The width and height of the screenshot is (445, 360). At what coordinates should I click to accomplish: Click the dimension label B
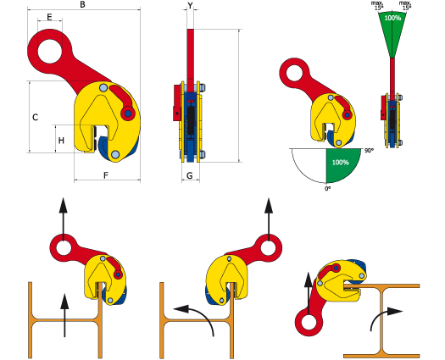(82, 4)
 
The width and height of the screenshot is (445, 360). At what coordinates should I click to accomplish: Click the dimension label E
(49, 17)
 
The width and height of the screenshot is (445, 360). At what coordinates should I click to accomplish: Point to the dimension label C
(36, 117)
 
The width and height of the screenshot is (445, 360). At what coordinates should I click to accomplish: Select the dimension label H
(61, 141)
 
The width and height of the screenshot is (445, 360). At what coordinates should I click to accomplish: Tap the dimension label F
(106, 175)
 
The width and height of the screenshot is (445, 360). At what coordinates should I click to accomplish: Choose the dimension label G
(190, 175)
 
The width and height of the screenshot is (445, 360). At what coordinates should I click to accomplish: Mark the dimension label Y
(190, 5)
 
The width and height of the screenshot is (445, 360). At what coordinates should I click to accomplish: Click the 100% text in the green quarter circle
(340, 162)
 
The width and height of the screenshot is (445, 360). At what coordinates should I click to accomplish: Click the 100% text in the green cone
(392, 18)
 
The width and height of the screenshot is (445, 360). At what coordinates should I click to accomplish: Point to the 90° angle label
(368, 151)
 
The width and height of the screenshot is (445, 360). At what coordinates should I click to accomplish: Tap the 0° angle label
(328, 188)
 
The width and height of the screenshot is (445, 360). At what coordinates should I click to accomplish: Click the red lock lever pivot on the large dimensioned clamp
(128, 114)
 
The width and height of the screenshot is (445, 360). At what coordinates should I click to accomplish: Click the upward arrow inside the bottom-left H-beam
(65, 315)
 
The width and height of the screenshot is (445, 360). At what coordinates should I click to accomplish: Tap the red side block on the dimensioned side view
(177, 103)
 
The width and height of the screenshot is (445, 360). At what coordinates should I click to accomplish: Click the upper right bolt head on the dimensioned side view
(203, 87)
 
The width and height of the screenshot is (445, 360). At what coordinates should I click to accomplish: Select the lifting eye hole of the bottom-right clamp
(309, 323)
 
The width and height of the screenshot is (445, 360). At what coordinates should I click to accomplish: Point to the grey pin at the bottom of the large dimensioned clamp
(115, 155)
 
